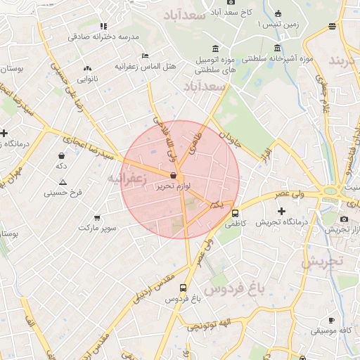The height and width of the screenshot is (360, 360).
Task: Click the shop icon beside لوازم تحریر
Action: tap(174, 175)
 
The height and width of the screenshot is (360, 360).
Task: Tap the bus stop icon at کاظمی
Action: tap(235, 213)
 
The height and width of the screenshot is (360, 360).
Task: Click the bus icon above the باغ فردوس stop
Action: tap(184, 288)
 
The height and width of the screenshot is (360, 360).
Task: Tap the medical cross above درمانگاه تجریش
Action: tap(282, 211)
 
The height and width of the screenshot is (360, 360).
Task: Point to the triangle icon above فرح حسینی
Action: tap(63, 182)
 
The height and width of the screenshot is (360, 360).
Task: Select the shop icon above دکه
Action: tap(62, 156)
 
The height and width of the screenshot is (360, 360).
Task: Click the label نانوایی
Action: tap(86, 79)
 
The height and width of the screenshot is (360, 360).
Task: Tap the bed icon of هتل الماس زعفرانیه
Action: tap(145, 56)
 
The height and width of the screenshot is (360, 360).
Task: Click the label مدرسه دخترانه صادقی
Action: tap(109, 36)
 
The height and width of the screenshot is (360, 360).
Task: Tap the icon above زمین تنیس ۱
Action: tap(278, 14)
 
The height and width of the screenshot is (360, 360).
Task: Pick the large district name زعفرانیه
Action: tap(127, 179)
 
